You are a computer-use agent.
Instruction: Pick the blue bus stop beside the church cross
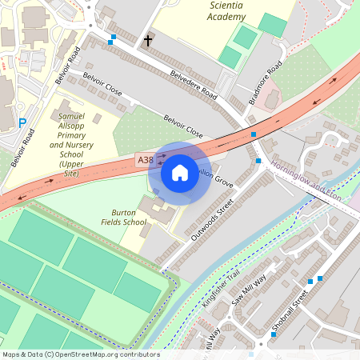coord(113,38)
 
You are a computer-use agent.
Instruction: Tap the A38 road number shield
coord(146,161)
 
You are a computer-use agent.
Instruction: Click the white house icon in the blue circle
coord(180,172)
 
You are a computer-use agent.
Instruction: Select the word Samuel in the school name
coord(72,117)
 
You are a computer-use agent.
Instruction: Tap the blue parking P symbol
coord(22,123)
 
